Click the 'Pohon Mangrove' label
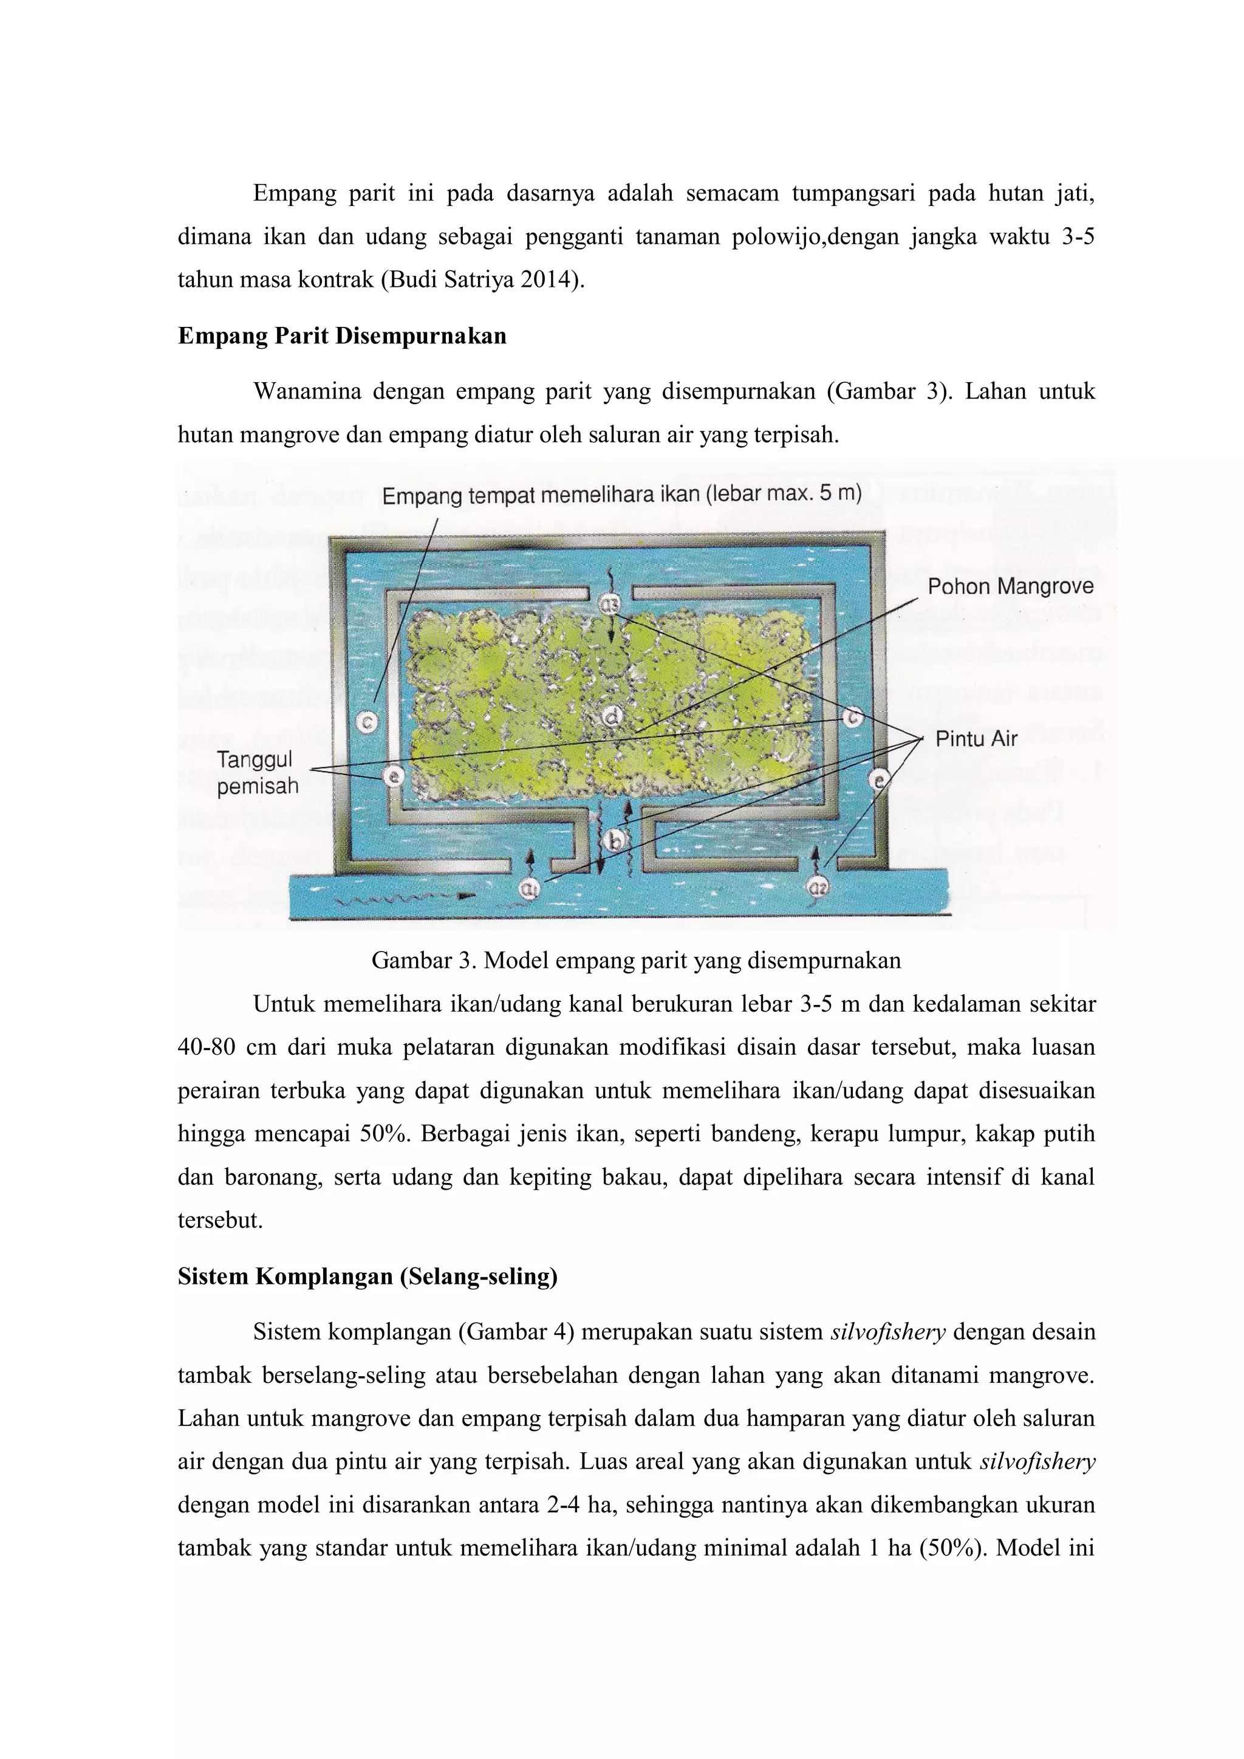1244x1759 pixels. point(1010,588)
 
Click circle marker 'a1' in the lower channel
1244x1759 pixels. point(528,888)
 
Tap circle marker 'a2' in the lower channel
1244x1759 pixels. point(816,888)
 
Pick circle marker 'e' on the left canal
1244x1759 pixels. point(393,776)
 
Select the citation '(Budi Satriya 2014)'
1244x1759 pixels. point(481,280)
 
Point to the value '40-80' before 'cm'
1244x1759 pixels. point(206,1048)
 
